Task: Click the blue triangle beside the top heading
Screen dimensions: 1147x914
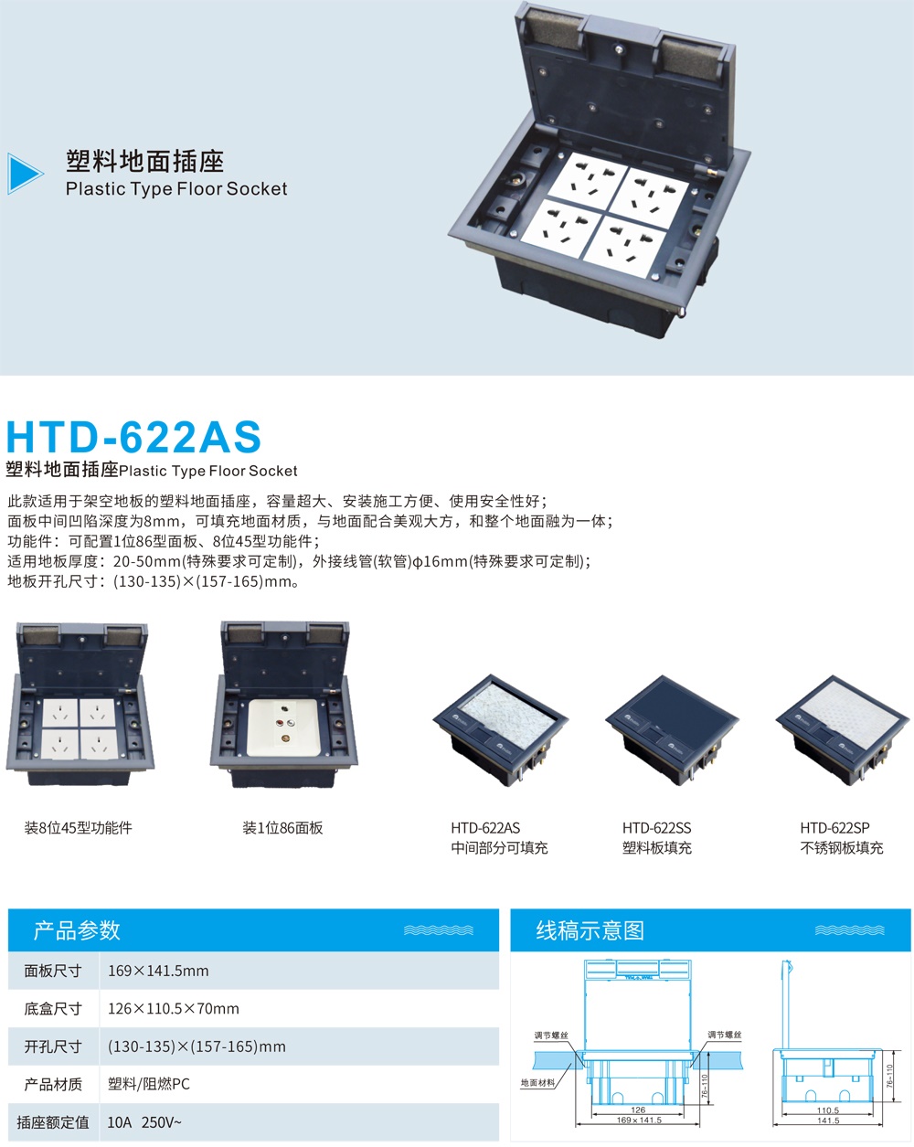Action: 25,173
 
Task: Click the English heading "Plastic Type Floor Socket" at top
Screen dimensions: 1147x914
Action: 176,189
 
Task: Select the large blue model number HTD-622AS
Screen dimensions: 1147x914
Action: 133,436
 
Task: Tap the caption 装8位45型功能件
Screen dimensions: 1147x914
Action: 79,828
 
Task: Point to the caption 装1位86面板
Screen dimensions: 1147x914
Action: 282,828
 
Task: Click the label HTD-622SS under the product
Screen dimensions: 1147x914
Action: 656,828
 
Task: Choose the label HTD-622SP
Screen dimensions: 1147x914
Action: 834,828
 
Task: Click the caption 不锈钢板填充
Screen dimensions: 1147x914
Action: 841,848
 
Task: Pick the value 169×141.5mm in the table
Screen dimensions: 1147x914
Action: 158,971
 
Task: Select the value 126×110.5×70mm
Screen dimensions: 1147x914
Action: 173,1009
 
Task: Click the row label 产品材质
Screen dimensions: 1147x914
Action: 53,1084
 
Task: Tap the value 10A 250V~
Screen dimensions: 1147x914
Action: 144,1122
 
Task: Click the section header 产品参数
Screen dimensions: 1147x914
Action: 77,930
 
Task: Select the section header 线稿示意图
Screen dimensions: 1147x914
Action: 590,930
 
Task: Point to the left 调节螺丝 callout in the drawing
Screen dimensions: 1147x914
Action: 551,1035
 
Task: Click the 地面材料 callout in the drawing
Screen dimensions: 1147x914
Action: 537,1083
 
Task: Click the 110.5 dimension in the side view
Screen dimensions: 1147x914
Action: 828,1110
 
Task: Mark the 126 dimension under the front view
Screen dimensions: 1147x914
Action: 638,1110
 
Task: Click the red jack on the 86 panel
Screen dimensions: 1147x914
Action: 280,722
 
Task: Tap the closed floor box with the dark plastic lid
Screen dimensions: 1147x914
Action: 673,727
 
